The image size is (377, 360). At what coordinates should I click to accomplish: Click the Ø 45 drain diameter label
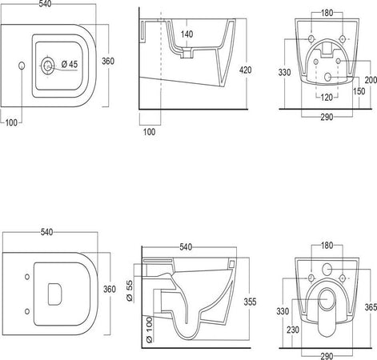[x=70, y=64]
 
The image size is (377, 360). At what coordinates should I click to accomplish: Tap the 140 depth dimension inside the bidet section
[x=186, y=34]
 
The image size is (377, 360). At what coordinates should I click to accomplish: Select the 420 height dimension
[x=245, y=70]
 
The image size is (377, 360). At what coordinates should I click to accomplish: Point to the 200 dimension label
[x=371, y=80]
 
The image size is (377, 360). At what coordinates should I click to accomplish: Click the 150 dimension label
[x=359, y=91]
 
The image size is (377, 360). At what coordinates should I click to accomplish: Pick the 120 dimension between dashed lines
[x=327, y=98]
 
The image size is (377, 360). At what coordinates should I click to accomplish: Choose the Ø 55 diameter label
[x=130, y=290]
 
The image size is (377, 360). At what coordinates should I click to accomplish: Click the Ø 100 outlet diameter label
[x=150, y=330]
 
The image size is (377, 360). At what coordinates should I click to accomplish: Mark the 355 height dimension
[x=250, y=302]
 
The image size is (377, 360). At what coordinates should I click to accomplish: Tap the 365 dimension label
[x=371, y=307]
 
